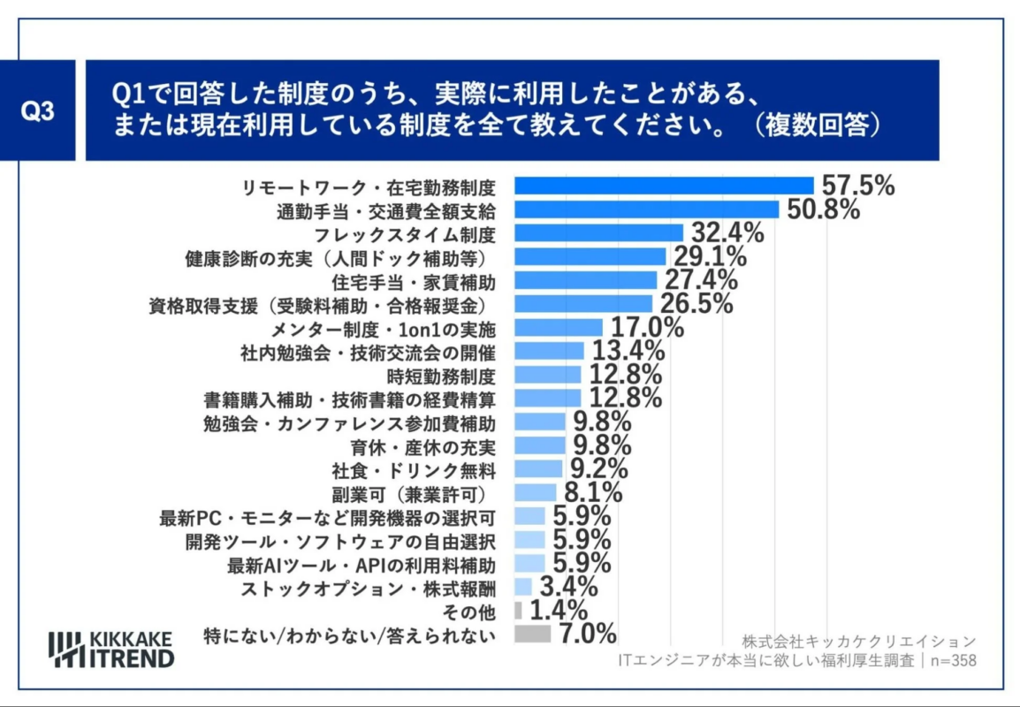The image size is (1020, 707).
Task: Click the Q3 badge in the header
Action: (x=38, y=111)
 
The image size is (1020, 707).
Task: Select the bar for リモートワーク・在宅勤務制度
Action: (x=664, y=186)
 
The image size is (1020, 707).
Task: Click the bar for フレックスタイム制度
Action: (x=598, y=233)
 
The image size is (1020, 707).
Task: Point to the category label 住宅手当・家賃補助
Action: (x=414, y=281)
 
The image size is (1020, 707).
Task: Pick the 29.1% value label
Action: (x=710, y=257)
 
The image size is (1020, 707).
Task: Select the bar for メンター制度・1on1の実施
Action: (x=558, y=328)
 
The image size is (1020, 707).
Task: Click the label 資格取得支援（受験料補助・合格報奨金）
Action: (x=322, y=305)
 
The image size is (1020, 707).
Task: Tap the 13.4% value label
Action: (x=628, y=351)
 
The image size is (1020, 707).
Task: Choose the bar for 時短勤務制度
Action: (x=548, y=375)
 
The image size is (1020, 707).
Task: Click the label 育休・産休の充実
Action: (x=438, y=445)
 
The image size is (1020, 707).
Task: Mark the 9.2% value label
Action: (x=598, y=468)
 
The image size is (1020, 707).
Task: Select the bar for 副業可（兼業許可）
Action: (x=536, y=492)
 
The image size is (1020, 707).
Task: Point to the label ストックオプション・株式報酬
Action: (x=369, y=587)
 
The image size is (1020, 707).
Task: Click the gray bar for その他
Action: (x=518, y=611)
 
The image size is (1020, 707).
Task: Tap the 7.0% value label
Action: (x=586, y=634)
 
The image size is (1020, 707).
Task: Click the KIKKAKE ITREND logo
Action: (x=111, y=649)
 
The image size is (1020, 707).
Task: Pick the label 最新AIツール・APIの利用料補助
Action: (x=362, y=563)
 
